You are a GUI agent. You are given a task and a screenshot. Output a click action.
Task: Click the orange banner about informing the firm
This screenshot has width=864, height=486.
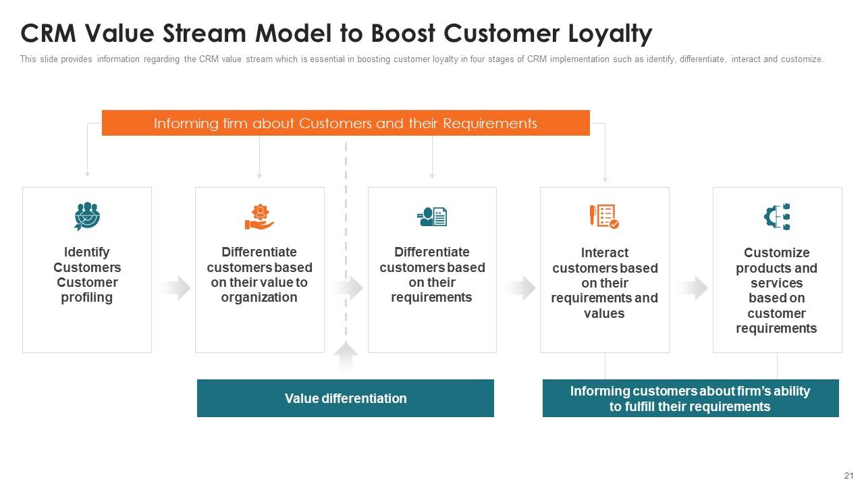pyautogui.click(x=346, y=123)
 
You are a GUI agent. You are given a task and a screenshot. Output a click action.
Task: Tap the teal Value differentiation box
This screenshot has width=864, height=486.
pyautogui.click(x=346, y=398)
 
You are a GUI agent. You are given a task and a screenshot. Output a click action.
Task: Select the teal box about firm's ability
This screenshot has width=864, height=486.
pyautogui.click(x=691, y=398)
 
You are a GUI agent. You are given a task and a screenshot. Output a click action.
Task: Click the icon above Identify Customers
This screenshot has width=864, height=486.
pyautogui.click(x=87, y=217)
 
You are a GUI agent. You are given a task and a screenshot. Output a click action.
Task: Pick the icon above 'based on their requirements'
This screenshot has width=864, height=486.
pyautogui.click(x=432, y=217)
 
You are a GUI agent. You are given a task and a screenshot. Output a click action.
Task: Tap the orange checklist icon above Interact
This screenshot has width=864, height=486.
pyautogui.click(x=604, y=217)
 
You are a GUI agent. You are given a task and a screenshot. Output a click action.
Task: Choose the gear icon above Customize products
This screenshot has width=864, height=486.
pyautogui.click(x=777, y=217)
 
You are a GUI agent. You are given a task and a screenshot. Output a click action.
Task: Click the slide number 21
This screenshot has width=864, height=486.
pyautogui.click(x=849, y=476)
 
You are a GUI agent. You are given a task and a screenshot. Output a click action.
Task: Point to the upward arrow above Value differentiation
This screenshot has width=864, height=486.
pyautogui.click(x=346, y=356)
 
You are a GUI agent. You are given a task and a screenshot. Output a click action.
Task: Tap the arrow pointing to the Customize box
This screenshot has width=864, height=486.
pyautogui.click(x=693, y=288)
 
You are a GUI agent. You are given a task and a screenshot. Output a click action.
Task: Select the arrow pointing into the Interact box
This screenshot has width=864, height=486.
pyautogui.click(x=520, y=288)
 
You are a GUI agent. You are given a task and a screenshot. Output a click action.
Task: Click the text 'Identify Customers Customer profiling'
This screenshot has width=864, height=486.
pyautogui.click(x=87, y=275)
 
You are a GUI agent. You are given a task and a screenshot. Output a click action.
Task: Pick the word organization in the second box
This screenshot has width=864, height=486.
pyautogui.click(x=259, y=298)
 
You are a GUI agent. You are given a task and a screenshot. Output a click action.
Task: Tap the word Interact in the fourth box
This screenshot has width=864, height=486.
pyautogui.click(x=605, y=253)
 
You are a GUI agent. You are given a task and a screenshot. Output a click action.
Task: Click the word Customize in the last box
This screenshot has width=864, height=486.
pyautogui.click(x=777, y=253)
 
